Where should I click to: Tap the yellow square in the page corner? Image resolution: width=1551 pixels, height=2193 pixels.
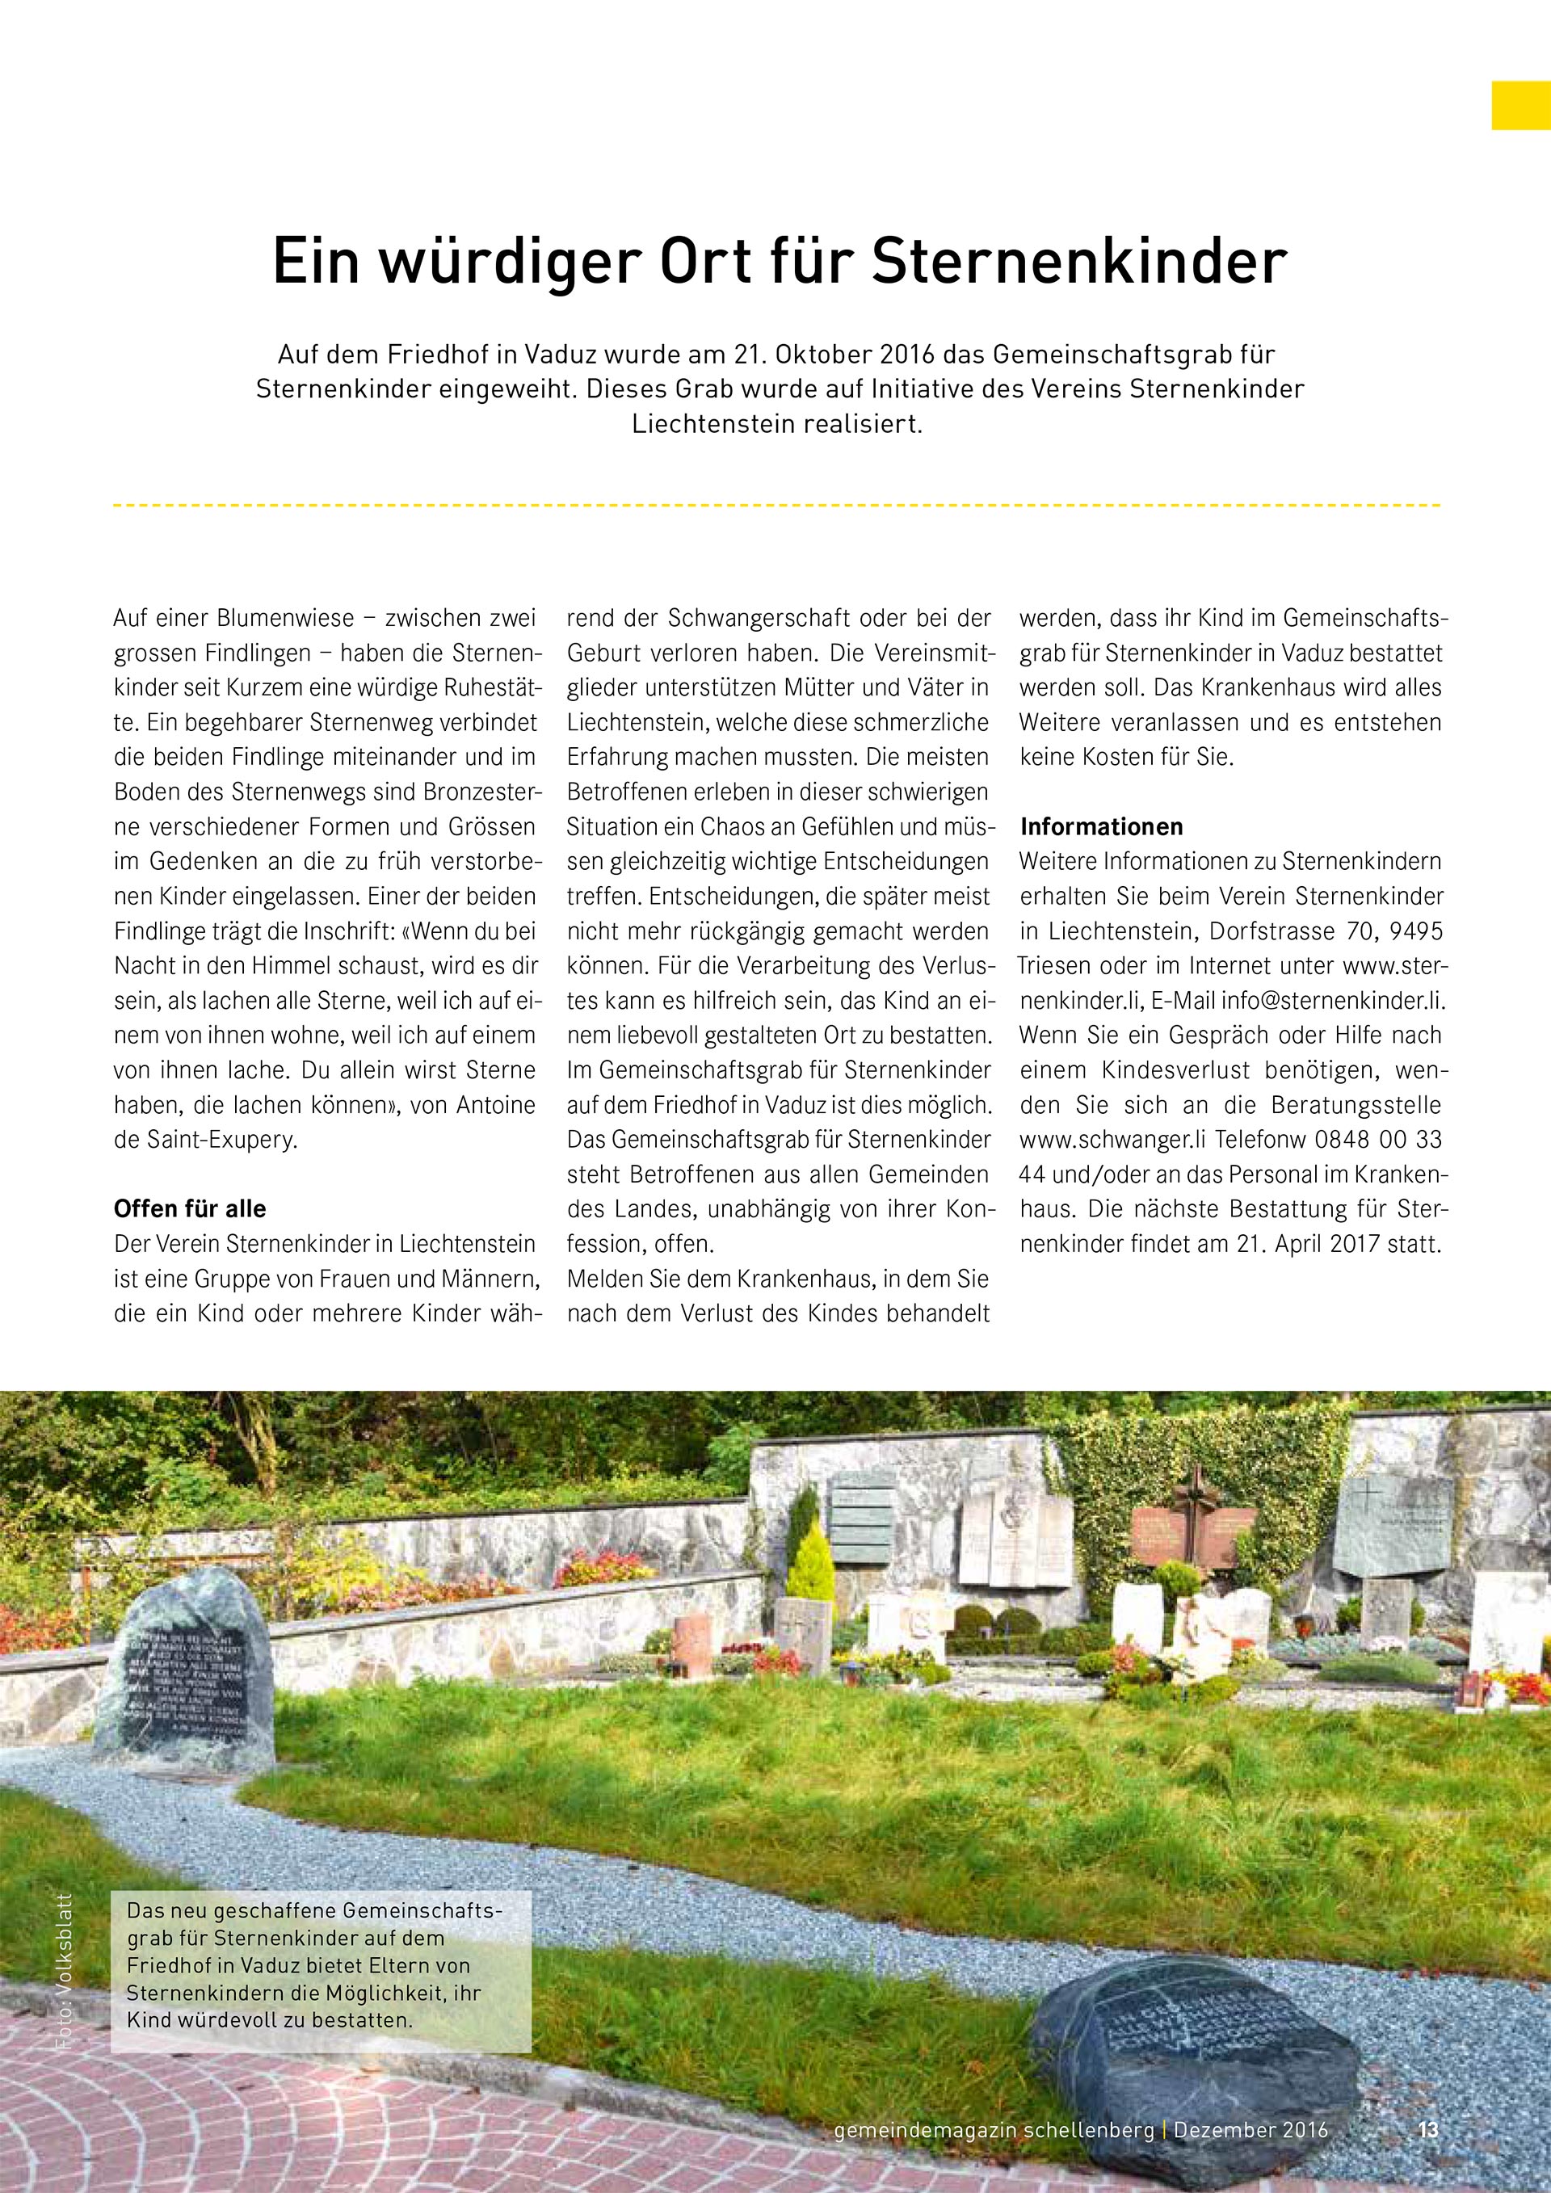(1520, 105)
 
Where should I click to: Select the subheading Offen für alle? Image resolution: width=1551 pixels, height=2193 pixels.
(190, 1208)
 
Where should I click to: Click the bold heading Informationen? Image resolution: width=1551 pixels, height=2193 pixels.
(1101, 826)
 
